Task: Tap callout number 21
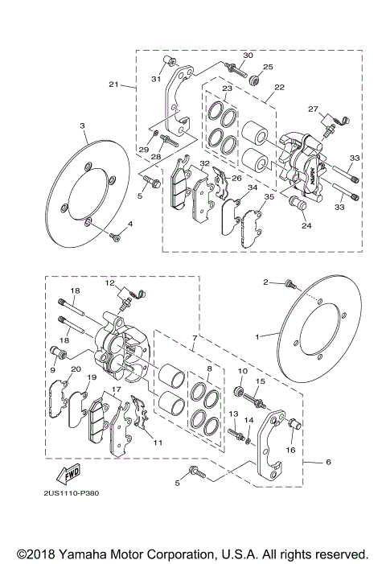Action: point(113,84)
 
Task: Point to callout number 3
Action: point(83,126)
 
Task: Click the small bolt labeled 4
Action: point(116,235)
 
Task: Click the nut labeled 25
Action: point(255,80)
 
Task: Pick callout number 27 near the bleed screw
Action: point(313,108)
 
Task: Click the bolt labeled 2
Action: point(290,284)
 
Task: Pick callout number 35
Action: point(269,196)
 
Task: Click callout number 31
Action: point(157,78)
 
